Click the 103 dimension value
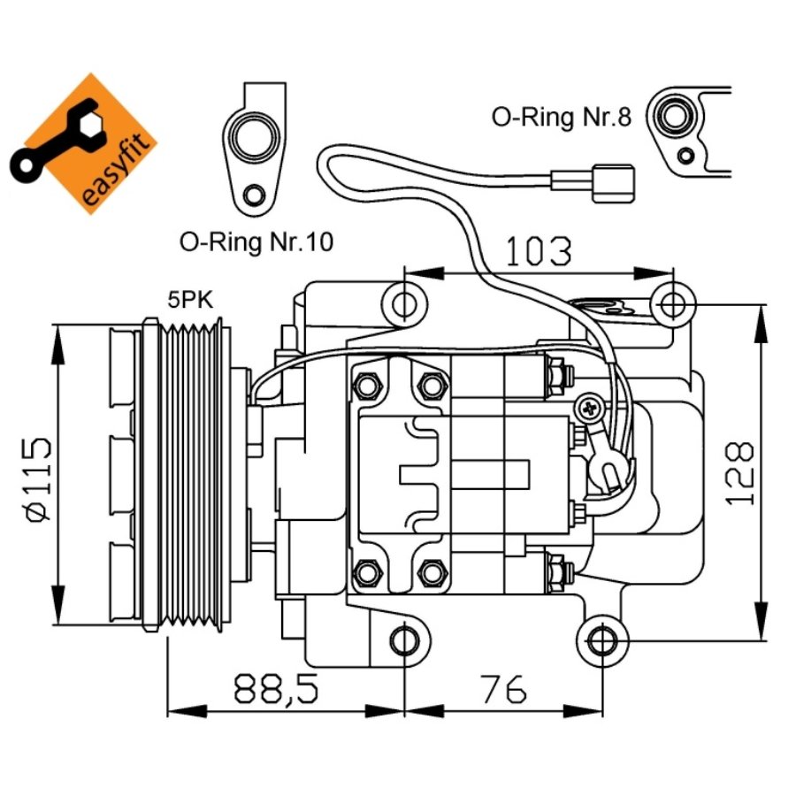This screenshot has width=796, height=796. [x=539, y=252]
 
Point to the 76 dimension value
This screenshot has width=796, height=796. [x=503, y=688]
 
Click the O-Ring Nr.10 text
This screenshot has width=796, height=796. [x=256, y=241]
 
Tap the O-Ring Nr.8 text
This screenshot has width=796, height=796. [x=562, y=118]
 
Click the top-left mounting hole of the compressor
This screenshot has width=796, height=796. [x=404, y=304]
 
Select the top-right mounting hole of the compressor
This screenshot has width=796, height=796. [x=672, y=304]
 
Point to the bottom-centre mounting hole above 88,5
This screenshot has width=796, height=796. [x=404, y=639]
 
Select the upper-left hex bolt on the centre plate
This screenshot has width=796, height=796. [x=366, y=386]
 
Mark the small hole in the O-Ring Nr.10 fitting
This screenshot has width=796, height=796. [x=255, y=195]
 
